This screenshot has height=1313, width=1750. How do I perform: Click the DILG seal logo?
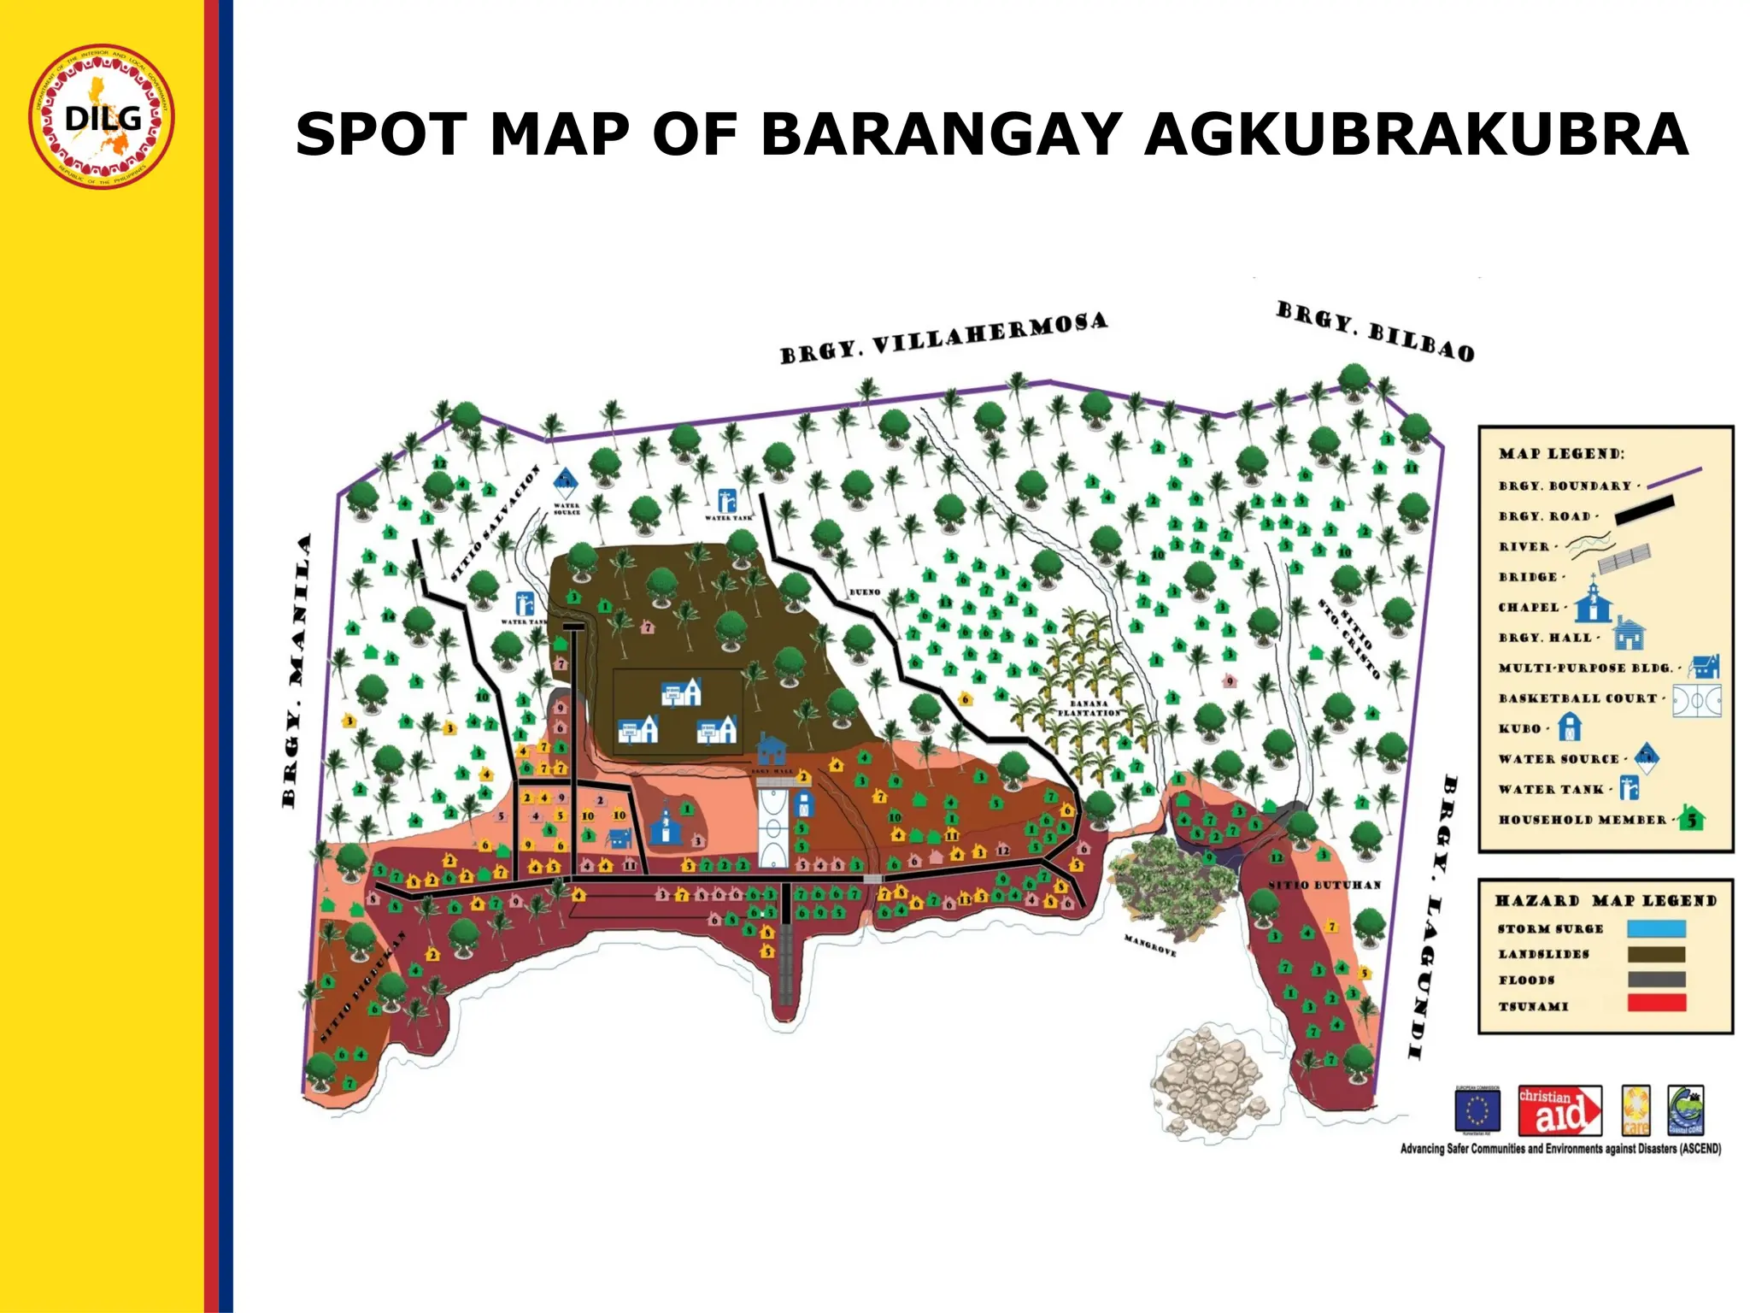102,116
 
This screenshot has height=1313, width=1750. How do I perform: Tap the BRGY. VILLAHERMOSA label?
943,339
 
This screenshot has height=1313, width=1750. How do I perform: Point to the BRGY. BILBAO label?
1375,332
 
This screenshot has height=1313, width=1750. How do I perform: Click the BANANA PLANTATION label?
1089,708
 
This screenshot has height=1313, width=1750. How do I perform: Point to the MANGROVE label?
1149,945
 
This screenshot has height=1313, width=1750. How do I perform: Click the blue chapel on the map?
664,824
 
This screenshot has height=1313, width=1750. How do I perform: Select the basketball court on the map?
774,827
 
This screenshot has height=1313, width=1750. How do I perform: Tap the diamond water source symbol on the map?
565,483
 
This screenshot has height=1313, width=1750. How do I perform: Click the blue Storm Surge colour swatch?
1656,929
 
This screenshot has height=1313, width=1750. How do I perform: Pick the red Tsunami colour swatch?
1656,1004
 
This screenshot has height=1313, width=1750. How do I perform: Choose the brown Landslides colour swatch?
1656,954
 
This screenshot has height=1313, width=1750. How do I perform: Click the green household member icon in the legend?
1691,819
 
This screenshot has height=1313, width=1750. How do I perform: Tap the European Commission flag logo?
1477,1110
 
